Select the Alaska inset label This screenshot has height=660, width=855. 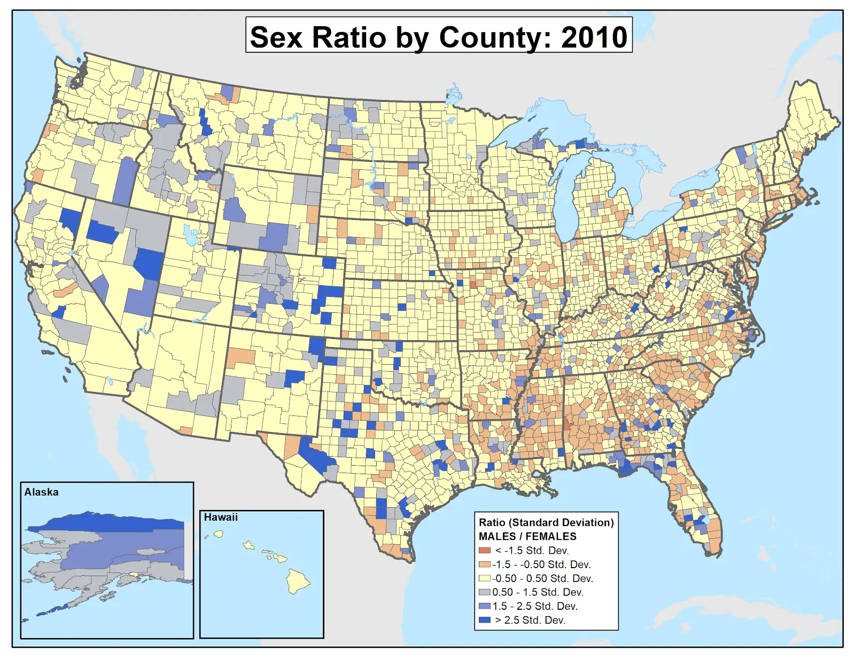[x=41, y=492]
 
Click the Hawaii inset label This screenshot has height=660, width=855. [x=221, y=517]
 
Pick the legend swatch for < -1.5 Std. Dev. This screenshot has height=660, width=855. [x=485, y=551]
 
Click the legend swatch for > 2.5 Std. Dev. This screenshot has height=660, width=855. [x=485, y=620]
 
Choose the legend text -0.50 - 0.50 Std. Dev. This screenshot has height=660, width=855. [x=542, y=578]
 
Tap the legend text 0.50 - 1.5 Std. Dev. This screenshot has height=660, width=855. [x=538, y=592]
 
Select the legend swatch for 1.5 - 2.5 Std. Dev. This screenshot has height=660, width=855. [x=485, y=606]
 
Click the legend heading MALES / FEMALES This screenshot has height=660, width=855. [x=527, y=537]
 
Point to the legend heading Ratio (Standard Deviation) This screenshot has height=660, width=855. [x=546, y=523]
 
